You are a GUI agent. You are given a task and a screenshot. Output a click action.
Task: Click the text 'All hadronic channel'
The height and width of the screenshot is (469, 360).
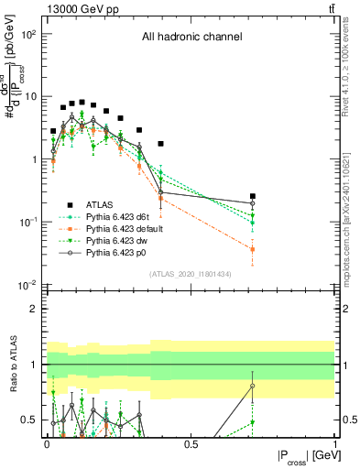click(191, 38)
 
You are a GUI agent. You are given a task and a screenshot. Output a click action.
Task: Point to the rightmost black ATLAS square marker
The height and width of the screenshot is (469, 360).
click(253, 196)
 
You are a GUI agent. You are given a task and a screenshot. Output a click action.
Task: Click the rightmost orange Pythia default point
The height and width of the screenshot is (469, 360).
click(253, 249)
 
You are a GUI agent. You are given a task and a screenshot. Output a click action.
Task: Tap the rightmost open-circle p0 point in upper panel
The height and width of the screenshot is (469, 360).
click(253, 203)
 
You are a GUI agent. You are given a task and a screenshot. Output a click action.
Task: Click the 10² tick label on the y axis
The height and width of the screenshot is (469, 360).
click(29, 34)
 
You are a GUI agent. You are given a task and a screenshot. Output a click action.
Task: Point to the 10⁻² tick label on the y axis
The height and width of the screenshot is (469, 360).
click(29, 285)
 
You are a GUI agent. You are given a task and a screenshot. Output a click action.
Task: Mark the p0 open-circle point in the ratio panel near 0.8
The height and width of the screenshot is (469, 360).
click(253, 386)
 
